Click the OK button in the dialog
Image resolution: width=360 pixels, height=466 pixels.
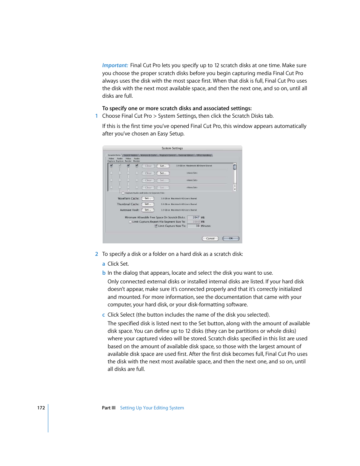pyautogui.click(x=231, y=238)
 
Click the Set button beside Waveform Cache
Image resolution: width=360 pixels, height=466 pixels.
pyautogui.click(x=148, y=198)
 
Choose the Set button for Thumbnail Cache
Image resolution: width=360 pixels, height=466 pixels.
pyautogui.click(x=148, y=204)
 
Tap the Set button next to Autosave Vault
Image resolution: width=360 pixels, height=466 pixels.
pyautogui.click(x=148, y=210)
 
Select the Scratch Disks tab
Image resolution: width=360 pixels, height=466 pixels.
pyautogui.click(x=114, y=155)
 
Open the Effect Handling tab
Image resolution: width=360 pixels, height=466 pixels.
pyautogui.click(x=204, y=155)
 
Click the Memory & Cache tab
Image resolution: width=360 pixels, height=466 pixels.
pyautogui.click(x=148, y=155)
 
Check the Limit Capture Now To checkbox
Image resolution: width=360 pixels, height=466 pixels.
pyautogui.click(x=156, y=226)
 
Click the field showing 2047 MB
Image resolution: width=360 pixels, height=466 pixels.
pyautogui.click(x=194, y=217)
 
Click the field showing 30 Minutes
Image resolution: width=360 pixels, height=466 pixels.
pyautogui.click(x=194, y=226)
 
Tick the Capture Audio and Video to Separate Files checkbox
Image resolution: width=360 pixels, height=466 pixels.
pyautogui.click(x=123, y=193)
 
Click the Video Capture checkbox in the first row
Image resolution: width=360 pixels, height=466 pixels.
pyautogui.click(x=111, y=166)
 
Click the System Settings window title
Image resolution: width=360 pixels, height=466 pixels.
pyautogui.click(x=172, y=148)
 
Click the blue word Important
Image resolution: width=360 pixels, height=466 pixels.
pyautogui.click(x=115, y=65)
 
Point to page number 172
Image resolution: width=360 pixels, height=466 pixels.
pyautogui.click(x=41, y=408)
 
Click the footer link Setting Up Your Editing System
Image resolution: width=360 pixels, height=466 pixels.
pyautogui.click(x=152, y=408)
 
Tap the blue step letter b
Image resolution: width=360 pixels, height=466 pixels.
pyautogui.click(x=104, y=273)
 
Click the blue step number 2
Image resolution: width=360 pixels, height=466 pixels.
pyautogui.click(x=97, y=254)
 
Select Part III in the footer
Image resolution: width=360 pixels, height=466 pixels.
pyautogui.click(x=109, y=408)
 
